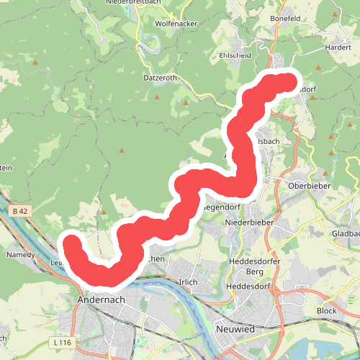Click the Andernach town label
tap(100, 298)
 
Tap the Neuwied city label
tap(235, 328)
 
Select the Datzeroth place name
tap(159, 77)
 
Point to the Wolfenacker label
tap(176, 23)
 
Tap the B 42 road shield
tap(19, 212)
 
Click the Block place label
tap(326, 311)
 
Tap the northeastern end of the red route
tap(289, 82)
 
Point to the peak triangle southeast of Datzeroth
tap(186, 103)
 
